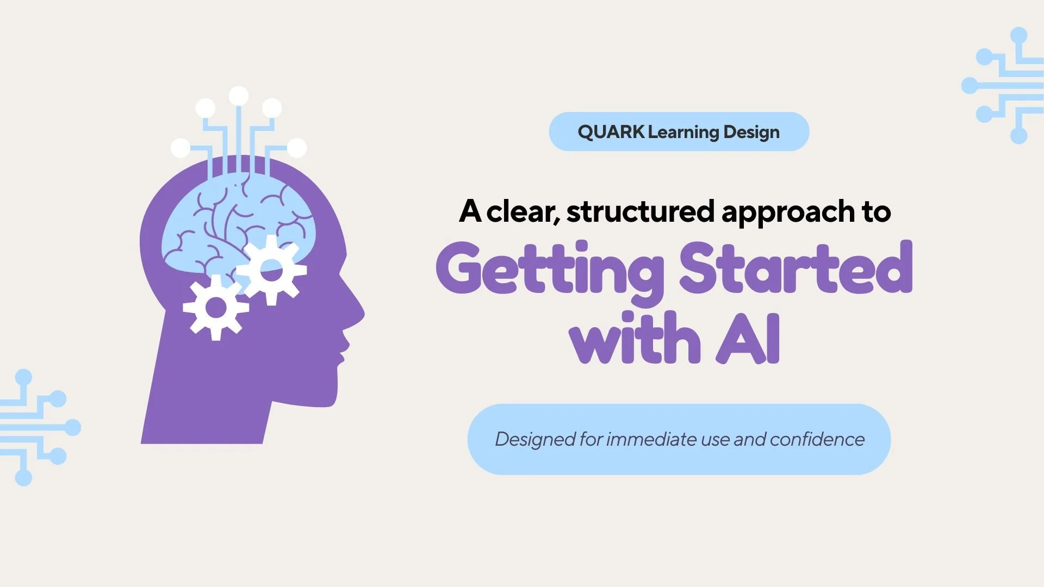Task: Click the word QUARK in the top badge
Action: coord(610,132)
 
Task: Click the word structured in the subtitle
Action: coord(640,211)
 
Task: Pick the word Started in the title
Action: coord(796,268)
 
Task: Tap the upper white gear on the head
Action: coord(271,270)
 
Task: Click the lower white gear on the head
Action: coord(216,308)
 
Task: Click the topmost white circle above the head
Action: coord(239,96)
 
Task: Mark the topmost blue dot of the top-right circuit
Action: coord(1018,36)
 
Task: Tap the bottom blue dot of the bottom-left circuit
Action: coord(23,478)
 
